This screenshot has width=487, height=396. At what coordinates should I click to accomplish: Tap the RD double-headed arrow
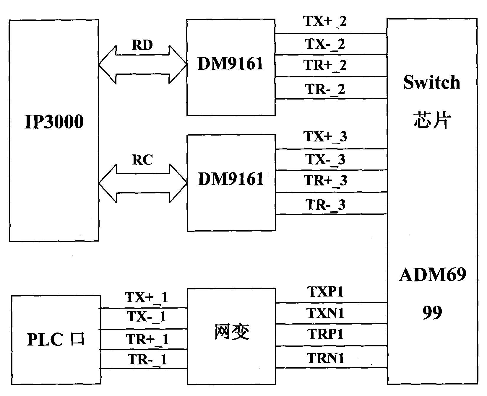[x=142, y=64]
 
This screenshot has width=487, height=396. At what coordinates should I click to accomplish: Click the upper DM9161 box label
[x=230, y=64]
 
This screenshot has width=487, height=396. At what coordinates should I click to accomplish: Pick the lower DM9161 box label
[x=230, y=179]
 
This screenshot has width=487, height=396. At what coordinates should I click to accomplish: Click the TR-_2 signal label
[x=325, y=89]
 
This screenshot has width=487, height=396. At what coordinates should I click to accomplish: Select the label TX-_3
[x=325, y=160]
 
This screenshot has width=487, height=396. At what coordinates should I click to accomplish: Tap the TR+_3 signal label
[x=325, y=181]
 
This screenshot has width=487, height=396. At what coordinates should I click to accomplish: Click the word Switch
[x=432, y=82]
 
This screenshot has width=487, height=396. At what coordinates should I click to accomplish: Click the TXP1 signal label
[x=325, y=292]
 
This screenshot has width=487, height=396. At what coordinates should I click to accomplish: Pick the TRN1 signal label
[x=325, y=358]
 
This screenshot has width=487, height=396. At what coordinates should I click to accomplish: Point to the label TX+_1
[x=147, y=297]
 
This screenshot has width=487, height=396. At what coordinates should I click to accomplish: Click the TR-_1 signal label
[x=147, y=360]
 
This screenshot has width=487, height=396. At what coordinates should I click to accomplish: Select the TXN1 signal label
[x=325, y=313]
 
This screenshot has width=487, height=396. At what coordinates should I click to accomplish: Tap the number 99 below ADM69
[x=432, y=312]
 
